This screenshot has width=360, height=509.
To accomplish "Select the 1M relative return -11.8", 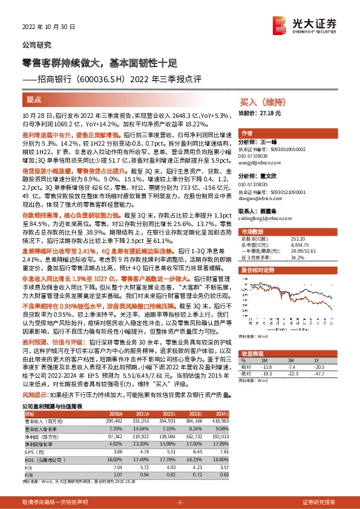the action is click(x=283, y=366).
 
